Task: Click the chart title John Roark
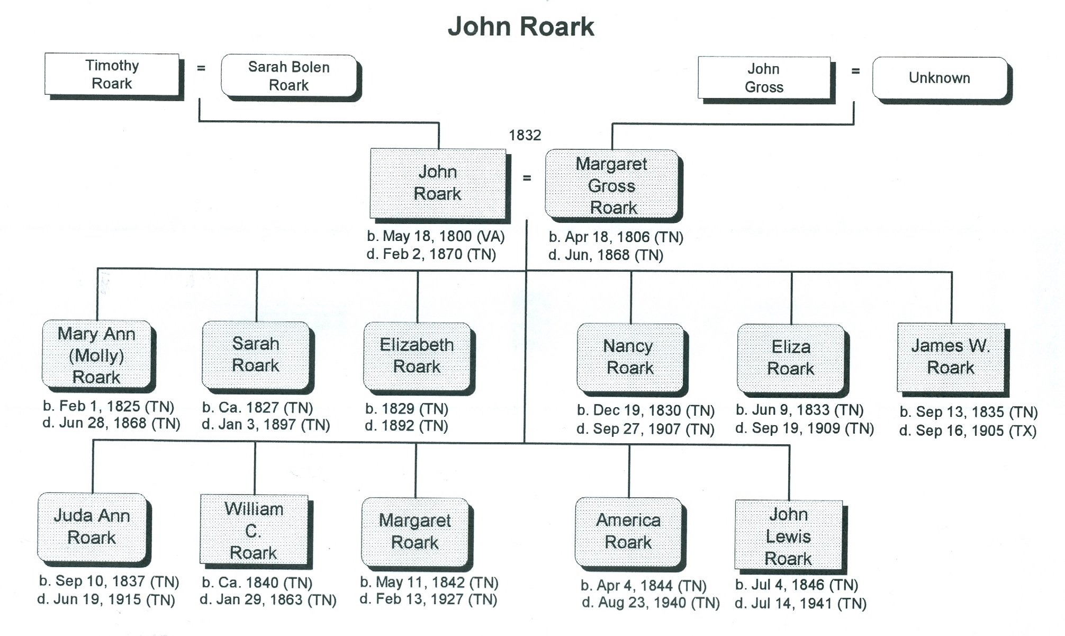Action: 521,26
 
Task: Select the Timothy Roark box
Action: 112,74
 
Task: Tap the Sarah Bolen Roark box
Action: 289,76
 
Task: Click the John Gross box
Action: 764,78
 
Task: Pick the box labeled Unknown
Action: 940,78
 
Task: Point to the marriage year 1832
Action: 525,136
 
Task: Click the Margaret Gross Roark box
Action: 612,185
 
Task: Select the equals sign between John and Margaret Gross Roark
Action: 527,178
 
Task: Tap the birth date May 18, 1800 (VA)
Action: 436,236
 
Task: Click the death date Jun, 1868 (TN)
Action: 606,255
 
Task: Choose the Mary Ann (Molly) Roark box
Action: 96,355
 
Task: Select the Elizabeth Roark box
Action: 417,356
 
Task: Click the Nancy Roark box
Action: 630,357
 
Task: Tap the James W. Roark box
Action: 951,357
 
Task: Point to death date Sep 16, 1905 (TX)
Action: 968,431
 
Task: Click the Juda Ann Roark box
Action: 92,527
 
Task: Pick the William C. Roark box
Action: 254,530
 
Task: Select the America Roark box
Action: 628,531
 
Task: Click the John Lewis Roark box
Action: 788,535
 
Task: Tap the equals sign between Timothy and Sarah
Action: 201,68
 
